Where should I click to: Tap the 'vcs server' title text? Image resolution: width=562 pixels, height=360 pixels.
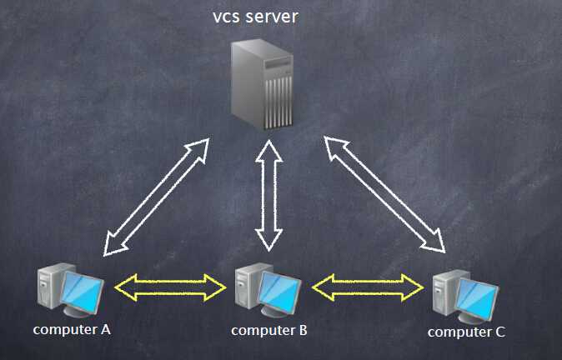click(255, 16)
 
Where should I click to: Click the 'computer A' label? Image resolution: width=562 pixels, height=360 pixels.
click(72, 329)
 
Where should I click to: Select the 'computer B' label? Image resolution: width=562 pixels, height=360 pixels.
click(269, 330)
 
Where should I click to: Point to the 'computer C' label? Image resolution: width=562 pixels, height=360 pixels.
click(466, 332)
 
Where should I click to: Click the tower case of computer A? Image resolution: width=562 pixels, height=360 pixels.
click(51, 287)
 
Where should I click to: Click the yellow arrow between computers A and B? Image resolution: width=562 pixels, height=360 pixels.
click(171, 287)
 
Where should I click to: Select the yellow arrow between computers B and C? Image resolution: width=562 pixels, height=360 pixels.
click(368, 287)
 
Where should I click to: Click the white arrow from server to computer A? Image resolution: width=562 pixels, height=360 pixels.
click(156, 197)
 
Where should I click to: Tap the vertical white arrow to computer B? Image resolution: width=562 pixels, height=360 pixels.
click(268, 195)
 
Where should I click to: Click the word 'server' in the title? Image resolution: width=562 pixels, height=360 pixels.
click(271, 16)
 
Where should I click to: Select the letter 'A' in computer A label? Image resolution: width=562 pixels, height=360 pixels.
click(106, 329)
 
